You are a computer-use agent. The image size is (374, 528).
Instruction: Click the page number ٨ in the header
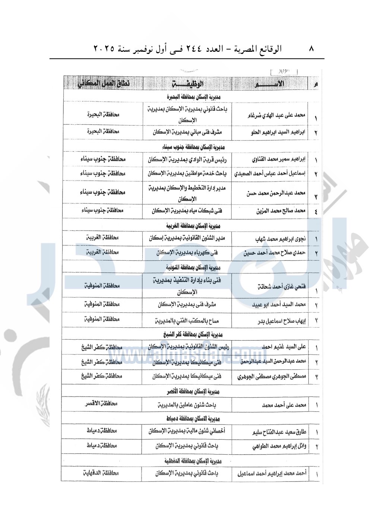pyautogui.click(x=312, y=48)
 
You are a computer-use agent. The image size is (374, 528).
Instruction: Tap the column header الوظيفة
pyautogui.click(x=188, y=84)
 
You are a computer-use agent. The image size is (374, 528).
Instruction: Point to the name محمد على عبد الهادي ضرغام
pyautogui.click(x=276, y=115)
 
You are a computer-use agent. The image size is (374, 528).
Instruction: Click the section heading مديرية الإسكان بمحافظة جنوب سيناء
pyautogui.click(x=193, y=147)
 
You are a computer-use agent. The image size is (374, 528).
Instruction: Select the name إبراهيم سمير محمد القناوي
pyautogui.click(x=279, y=159)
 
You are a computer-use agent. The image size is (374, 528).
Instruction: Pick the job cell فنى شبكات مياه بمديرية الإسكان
pyautogui.click(x=187, y=211)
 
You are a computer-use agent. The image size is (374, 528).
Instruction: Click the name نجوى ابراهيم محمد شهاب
pyautogui.click(x=280, y=239)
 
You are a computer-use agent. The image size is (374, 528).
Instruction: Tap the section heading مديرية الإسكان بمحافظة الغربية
pyautogui.click(x=193, y=226)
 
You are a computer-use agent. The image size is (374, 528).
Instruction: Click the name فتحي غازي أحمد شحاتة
pyautogui.click(x=282, y=287)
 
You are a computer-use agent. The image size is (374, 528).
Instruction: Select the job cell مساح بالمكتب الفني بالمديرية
pyautogui.click(x=187, y=321)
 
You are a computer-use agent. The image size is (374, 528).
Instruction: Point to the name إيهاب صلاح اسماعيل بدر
pyautogui.click(x=282, y=321)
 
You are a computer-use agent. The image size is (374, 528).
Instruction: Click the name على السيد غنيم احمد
pyautogui.click(x=283, y=347)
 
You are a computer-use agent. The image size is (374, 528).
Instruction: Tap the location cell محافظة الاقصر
pyautogui.click(x=101, y=404)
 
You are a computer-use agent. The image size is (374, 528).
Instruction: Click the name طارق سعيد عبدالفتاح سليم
pyautogui.click(x=279, y=432)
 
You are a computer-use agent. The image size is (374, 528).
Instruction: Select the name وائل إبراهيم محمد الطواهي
pyautogui.click(x=279, y=446)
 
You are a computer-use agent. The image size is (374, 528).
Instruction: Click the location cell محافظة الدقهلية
pyautogui.click(x=101, y=473)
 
